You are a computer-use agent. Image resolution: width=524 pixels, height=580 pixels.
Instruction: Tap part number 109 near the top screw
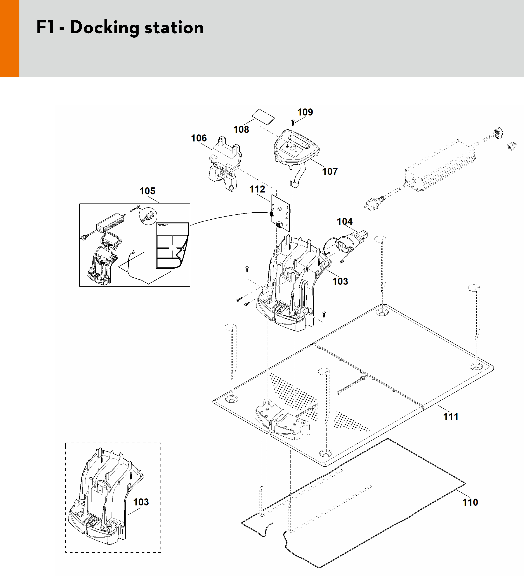click(x=305, y=112)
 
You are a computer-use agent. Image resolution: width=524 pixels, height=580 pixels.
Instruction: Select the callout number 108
click(x=241, y=130)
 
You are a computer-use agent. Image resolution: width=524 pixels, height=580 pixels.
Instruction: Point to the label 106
click(x=199, y=138)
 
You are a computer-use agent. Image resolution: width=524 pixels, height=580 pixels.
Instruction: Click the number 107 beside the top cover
click(x=330, y=172)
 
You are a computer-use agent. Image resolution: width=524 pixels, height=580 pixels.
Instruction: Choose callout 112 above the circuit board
click(x=257, y=189)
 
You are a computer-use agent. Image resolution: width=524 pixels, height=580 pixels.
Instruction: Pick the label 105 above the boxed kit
click(x=147, y=191)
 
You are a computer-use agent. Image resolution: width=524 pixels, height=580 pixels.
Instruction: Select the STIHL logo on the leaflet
click(x=163, y=225)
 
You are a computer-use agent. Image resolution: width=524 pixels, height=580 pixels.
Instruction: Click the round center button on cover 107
click(x=293, y=149)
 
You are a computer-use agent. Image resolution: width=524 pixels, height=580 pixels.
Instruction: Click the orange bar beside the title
click(x=9, y=39)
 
